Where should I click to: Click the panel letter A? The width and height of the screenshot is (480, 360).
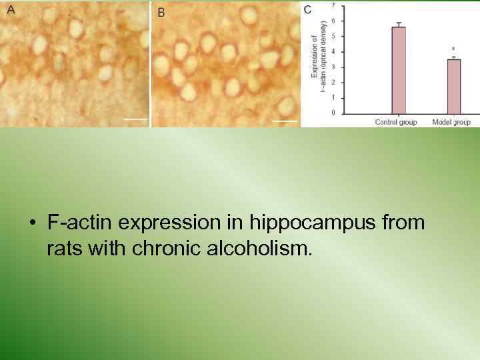(x=11, y=10)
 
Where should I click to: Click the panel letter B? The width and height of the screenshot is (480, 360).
(x=161, y=12)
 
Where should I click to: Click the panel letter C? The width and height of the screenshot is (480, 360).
(x=307, y=9)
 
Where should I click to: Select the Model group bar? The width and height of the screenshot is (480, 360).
(x=454, y=86)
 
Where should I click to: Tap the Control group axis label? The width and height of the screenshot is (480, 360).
(x=396, y=122)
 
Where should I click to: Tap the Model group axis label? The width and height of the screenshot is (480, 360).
(x=451, y=122)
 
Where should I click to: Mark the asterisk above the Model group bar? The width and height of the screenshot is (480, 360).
(x=453, y=49)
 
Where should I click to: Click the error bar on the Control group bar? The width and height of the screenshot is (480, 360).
(x=399, y=25)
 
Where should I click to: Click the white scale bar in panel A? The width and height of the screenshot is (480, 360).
(x=135, y=119)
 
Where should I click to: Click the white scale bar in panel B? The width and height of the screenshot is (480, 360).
(x=284, y=121)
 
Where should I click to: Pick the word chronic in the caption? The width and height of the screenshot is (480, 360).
(x=156, y=250)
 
